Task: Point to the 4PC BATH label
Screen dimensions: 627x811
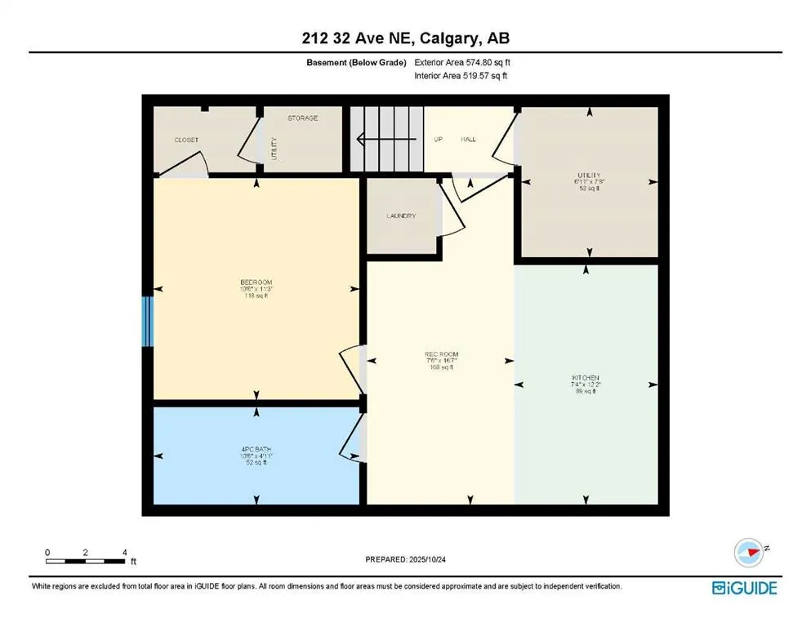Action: click(x=253, y=449)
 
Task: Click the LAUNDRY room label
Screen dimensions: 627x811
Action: click(x=401, y=216)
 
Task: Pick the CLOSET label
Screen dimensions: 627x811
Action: click(x=186, y=140)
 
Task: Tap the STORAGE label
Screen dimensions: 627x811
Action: click(x=302, y=118)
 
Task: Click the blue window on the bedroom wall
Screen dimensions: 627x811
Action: click(x=147, y=321)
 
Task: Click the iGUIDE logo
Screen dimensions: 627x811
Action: click(x=744, y=587)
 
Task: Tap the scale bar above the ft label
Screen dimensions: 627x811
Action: click(x=86, y=561)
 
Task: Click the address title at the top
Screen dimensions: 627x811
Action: click(x=405, y=38)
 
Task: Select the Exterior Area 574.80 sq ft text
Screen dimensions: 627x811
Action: click(x=462, y=62)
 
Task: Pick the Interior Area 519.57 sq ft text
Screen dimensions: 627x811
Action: click(x=461, y=76)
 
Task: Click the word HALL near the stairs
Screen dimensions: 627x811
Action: click(x=468, y=140)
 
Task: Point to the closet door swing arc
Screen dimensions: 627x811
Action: click(x=186, y=165)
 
